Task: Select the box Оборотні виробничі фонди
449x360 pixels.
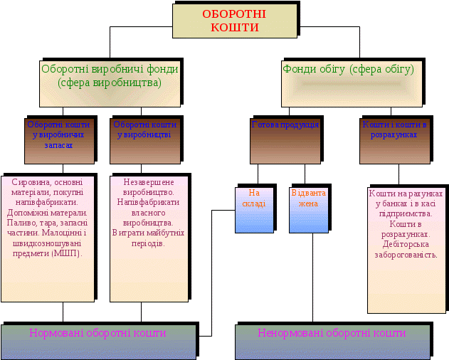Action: point(110,76)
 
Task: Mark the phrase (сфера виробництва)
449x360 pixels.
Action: point(110,83)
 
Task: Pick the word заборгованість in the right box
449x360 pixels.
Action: point(407,254)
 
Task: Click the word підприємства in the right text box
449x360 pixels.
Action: point(407,213)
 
